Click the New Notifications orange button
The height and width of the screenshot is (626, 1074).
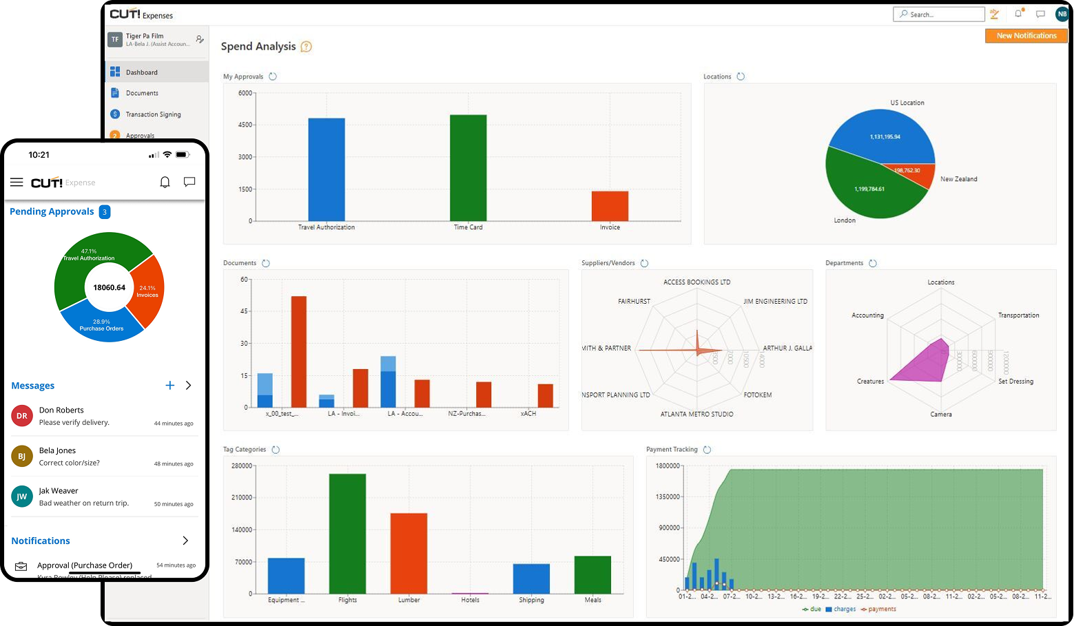coord(1026,36)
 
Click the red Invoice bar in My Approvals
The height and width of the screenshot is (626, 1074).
coord(610,206)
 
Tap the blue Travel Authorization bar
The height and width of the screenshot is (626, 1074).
coord(327,169)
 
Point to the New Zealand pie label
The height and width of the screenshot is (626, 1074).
coord(958,179)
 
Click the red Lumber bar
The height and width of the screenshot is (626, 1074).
coord(409,553)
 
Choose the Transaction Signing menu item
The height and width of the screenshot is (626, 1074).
coord(153,114)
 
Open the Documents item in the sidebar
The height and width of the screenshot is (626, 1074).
coord(142,93)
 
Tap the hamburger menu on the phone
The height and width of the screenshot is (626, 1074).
coord(17,182)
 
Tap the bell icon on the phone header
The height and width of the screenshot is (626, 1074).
coord(165,182)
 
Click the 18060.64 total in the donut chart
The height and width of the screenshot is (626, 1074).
coord(109,287)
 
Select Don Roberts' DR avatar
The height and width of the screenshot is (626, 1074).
coord(22,416)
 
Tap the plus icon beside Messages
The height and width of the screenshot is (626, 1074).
coord(169,386)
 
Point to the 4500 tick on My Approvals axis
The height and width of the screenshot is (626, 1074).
coord(245,125)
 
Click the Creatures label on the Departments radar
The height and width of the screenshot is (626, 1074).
coord(870,382)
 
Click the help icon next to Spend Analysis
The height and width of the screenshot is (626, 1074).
coord(307,47)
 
